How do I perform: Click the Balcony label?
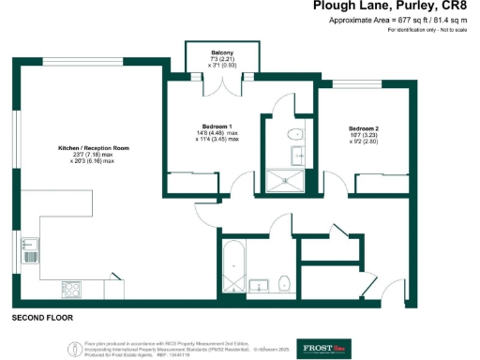(222, 52)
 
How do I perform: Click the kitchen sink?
(29, 250)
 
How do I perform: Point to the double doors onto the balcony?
(222, 84)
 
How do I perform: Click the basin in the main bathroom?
(261, 282)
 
